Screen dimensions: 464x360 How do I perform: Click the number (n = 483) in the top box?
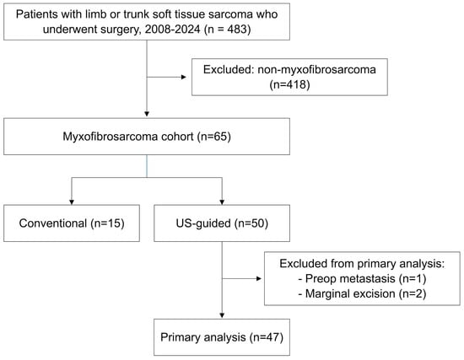pos(227,30)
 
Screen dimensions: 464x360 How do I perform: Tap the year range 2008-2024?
pos(172,30)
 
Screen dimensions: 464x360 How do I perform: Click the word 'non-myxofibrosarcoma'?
pos(316,70)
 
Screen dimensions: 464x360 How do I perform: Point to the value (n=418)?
pos(289,84)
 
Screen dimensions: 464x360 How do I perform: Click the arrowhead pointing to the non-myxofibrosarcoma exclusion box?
pos(184,78)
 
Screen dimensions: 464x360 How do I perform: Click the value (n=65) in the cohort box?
pos(214,137)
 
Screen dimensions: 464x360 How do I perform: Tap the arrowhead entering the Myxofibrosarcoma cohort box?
pos(147,114)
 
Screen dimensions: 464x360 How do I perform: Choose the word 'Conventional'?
pos(53,223)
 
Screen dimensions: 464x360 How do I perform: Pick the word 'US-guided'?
pos(203,223)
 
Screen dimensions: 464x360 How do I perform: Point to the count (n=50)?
pos(251,223)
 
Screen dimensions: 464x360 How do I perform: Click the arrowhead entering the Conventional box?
pos(72,202)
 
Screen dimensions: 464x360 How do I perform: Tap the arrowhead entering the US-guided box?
pos(222,202)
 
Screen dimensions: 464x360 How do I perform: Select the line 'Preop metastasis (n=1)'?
pos(362,279)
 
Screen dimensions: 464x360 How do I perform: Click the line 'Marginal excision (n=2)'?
pos(362,293)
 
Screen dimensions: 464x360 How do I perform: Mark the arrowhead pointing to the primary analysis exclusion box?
pos(259,279)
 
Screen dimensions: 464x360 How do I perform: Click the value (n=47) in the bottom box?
pos(267,337)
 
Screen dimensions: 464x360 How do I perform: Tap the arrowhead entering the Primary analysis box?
pos(222,316)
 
